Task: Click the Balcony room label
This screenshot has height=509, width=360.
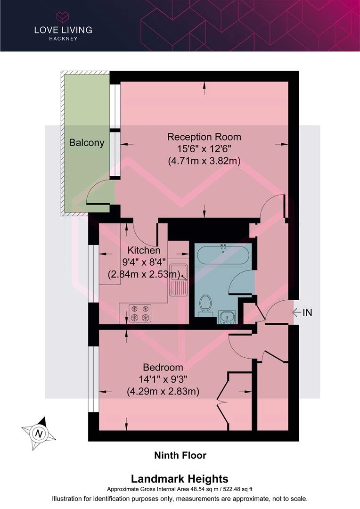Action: pyautogui.click(x=87, y=143)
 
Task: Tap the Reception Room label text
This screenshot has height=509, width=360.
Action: pyautogui.click(x=204, y=137)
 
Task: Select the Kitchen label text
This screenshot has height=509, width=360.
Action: pyautogui.click(x=144, y=250)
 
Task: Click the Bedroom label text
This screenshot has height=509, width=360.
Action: pyautogui.click(x=163, y=368)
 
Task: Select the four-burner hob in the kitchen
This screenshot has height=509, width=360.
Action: pyautogui.click(x=140, y=313)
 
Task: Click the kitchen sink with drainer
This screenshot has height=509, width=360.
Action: pyautogui.click(x=178, y=279)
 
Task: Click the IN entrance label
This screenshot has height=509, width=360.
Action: pyautogui.click(x=307, y=312)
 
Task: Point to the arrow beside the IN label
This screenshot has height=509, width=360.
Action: pyautogui.click(x=296, y=312)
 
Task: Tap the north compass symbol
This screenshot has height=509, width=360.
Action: pyautogui.click(x=39, y=434)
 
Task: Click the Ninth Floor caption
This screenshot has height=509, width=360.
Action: pyautogui.click(x=180, y=455)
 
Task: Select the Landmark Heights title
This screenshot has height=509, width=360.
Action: pyautogui.click(x=180, y=479)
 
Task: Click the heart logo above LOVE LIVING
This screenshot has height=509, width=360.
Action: pyautogui.click(x=63, y=16)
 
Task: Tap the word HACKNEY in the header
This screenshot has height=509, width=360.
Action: pyautogui.click(x=63, y=39)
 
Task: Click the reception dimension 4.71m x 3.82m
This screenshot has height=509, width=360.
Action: pyautogui.click(x=204, y=161)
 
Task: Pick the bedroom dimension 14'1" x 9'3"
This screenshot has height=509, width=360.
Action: pyautogui.click(x=163, y=379)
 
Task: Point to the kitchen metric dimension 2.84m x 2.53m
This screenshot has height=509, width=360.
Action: pyautogui.click(x=144, y=274)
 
